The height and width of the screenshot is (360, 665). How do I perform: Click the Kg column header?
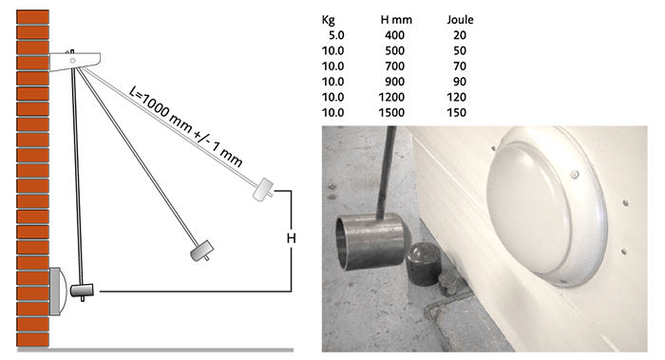[x=328, y=20]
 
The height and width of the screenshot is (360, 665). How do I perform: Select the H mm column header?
[x=396, y=20]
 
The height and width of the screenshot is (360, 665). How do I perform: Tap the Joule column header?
[x=460, y=20]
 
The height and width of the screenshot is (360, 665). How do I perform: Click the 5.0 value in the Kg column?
[x=336, y=35]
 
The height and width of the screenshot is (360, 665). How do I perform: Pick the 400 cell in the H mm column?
[x=394, y=35]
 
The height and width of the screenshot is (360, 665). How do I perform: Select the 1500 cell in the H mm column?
[x=391, y=112]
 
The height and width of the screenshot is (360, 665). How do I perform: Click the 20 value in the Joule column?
[x=460, y=35]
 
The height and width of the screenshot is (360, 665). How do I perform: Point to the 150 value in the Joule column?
[x=456, y=112]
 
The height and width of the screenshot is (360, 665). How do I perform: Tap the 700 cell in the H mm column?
[x=394, y=66]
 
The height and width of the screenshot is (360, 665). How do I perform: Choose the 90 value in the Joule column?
[x=460, y=82]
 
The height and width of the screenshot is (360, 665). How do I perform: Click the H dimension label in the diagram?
[x=291, y=238]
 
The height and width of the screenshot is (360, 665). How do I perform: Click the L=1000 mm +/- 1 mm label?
[x=185, y=126]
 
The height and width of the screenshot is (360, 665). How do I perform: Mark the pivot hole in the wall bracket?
[x=72, y=61]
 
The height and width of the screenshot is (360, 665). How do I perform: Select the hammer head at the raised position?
[x=263, y=189]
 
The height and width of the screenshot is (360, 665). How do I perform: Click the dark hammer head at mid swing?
[x=201, y=250]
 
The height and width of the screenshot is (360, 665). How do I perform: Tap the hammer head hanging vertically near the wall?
[x=82, y=291]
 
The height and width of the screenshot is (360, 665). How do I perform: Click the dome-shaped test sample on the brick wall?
[x=58, y=292]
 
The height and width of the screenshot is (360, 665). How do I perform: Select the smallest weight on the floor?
[x=448, y=284]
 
